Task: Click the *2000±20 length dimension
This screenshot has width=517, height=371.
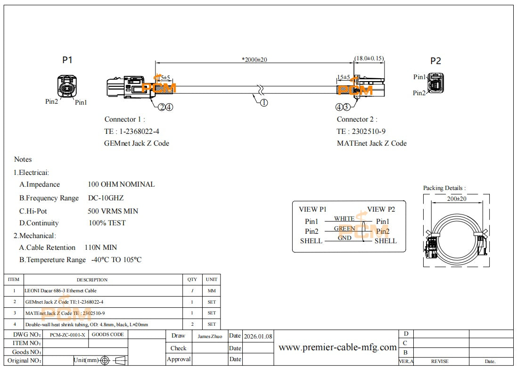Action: point(254,59)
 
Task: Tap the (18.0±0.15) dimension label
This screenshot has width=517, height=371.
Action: point(369,58)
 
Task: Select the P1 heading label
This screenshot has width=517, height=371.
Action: point(67,60)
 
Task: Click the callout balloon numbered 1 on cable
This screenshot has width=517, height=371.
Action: point(264,102)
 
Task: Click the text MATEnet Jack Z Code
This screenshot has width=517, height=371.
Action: point(371,143)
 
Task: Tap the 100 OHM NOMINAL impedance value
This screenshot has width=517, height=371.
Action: point(121,184)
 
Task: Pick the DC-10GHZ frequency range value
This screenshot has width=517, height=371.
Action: point(106,198)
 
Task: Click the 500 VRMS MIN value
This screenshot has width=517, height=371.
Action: point(113,211)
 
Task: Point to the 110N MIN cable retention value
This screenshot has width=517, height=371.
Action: point(101,247)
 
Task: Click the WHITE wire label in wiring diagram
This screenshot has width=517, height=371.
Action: point(344,219)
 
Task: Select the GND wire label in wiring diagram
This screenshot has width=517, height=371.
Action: point(345,238)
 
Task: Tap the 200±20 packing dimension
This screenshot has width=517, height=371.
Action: point(456,199)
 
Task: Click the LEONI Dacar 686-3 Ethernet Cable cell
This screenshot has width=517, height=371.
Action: point(60,291)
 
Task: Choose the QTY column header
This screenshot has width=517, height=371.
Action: point(192,280)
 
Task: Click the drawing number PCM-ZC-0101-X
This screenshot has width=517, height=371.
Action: point(68,335)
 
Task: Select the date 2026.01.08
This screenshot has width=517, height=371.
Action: point(257,337)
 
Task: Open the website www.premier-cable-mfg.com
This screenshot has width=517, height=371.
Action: point(337,347)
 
